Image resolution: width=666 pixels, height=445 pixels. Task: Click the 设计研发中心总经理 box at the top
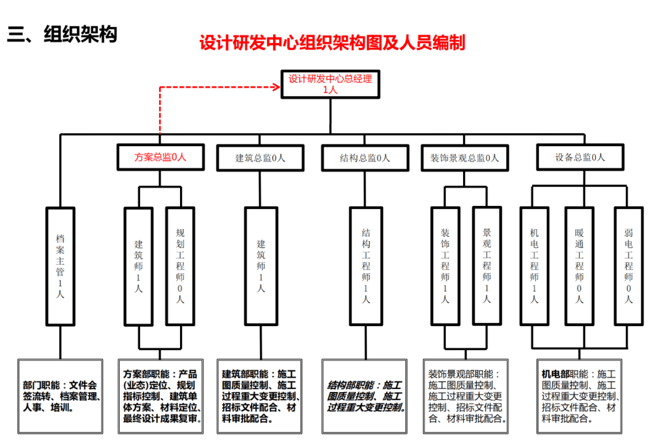pyautogui.click(x=331, y=84)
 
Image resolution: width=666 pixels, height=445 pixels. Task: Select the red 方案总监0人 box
pyautogui.click(x=160, y=157)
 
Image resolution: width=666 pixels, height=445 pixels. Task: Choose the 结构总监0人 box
pyautogui.click(x=365, y=158)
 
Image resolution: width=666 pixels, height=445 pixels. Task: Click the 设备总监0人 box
pyautogui.click(x=580, y=157)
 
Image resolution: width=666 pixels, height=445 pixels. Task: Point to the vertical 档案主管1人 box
pyautogui.click(x=60, y=266)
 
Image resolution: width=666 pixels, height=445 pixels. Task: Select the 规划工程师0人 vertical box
pyautogui.click(x=180, y=266)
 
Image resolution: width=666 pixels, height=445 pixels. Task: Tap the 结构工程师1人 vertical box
pyautogui.click(x=366, y=266)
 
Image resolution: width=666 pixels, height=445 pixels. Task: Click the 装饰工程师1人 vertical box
pyautogui.click(x=445, y=266)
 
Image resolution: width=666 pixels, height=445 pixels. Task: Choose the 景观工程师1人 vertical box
pyautogui.click(x=487, y=266)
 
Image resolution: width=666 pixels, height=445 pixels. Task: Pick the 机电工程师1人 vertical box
pyautogui.click(x=534, y=266)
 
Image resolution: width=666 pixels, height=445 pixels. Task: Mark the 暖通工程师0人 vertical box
pyautogui.click(x=580, y=266)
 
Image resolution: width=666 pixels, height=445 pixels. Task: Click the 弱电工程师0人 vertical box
pyautogui.click(x=628, y=266)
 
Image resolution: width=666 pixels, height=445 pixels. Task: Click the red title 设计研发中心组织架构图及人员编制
pyautogui.click(x=332, y=43)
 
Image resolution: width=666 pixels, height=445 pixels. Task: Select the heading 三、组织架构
pyautogui.click(x=62, y=35)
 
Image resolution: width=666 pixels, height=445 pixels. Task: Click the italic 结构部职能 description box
pyautogui.click(x=365, y=396)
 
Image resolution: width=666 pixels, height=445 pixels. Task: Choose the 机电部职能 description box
pyautogui.click(x=580, y=396)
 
